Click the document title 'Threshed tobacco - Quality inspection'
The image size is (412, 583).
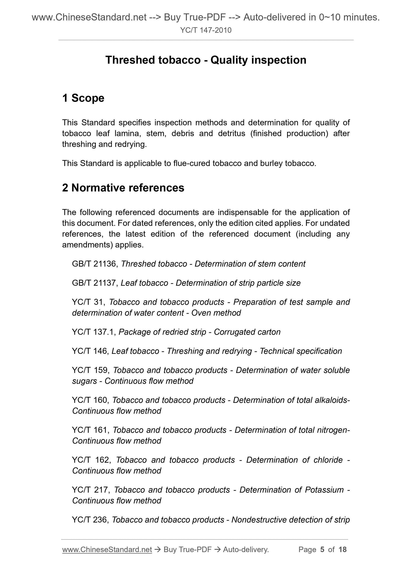[206, 60]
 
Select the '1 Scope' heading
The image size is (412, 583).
[83, 98]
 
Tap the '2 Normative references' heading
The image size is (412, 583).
[123, 188]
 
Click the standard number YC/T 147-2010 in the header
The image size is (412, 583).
[206, 30]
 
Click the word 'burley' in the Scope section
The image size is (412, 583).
[271, 163]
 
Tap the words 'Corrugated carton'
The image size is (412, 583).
[247, 332]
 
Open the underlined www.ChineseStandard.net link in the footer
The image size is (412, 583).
[107, 550]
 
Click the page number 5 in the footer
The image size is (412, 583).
[322, 550]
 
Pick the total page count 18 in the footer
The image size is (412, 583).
[342, 550]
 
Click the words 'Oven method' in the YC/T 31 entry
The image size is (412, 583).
[216, 313]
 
